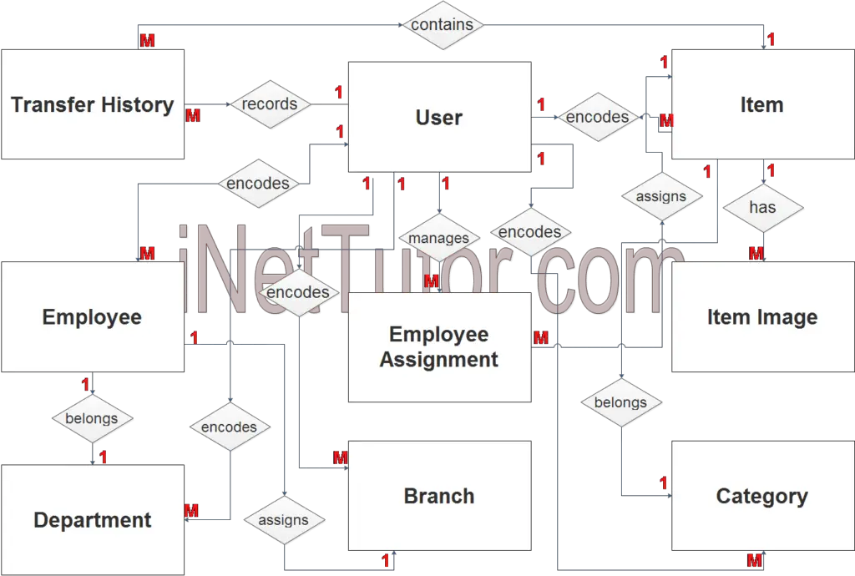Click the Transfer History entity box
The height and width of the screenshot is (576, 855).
[x=93, y=104]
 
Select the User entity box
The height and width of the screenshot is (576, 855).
[x=439, y=117]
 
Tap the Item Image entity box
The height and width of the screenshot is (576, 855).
[x=763, y=316]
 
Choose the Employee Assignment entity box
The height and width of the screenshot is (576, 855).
[x=439, y=347]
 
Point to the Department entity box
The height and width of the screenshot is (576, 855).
[x=93, y=520]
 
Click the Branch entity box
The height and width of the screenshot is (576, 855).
[x=439, y=496]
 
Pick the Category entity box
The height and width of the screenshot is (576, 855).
[x=763, y=496]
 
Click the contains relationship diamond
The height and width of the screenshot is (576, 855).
[x=443, y=25]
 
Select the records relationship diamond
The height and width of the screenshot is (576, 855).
[x=270, y=104]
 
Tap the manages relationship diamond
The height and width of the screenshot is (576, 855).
[x=439, y=238]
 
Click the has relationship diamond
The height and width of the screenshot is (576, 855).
[x=763, y=208]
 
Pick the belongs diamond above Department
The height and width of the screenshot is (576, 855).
[x=92, y=418]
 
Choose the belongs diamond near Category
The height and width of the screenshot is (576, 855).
[x=621, y=402]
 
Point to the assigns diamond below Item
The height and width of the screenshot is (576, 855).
[x=661, y=196]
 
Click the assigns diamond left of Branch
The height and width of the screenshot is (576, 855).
[x=284, y=520]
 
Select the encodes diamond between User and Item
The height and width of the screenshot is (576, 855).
[x=598, y=117]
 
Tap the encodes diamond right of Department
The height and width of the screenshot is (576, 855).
[x=230, y=427]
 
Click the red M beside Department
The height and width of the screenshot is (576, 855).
[x=191, y=511]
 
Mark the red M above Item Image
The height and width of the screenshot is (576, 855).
[x=756, y=253]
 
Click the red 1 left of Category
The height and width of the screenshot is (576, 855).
[x=663, y=483]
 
